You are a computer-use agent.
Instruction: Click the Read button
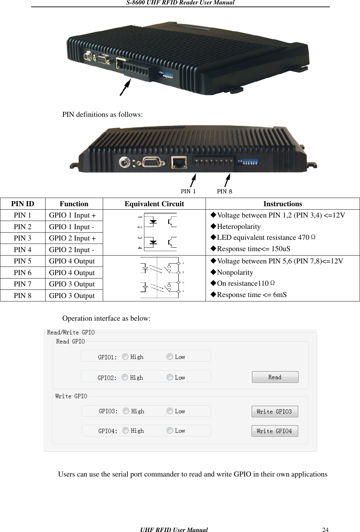275,377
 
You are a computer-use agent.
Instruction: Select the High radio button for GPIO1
125,357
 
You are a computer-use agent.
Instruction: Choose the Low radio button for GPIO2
170,377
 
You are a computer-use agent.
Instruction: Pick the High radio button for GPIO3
126,411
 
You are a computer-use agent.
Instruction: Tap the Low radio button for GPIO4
170,430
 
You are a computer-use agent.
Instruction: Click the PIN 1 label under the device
188,191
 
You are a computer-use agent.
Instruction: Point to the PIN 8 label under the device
224,191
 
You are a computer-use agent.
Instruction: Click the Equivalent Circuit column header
154,204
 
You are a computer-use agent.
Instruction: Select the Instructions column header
283,204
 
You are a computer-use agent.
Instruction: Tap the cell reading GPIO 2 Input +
72,238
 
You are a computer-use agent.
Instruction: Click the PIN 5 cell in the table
23,261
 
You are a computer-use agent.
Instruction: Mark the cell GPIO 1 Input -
71,227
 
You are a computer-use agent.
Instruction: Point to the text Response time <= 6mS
251,295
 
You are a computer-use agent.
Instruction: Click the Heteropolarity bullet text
238,226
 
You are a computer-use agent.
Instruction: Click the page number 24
325,530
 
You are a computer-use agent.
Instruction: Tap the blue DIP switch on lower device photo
248,161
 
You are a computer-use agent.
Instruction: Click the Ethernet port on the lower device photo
179,162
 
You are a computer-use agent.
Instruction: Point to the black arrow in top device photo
125,87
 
